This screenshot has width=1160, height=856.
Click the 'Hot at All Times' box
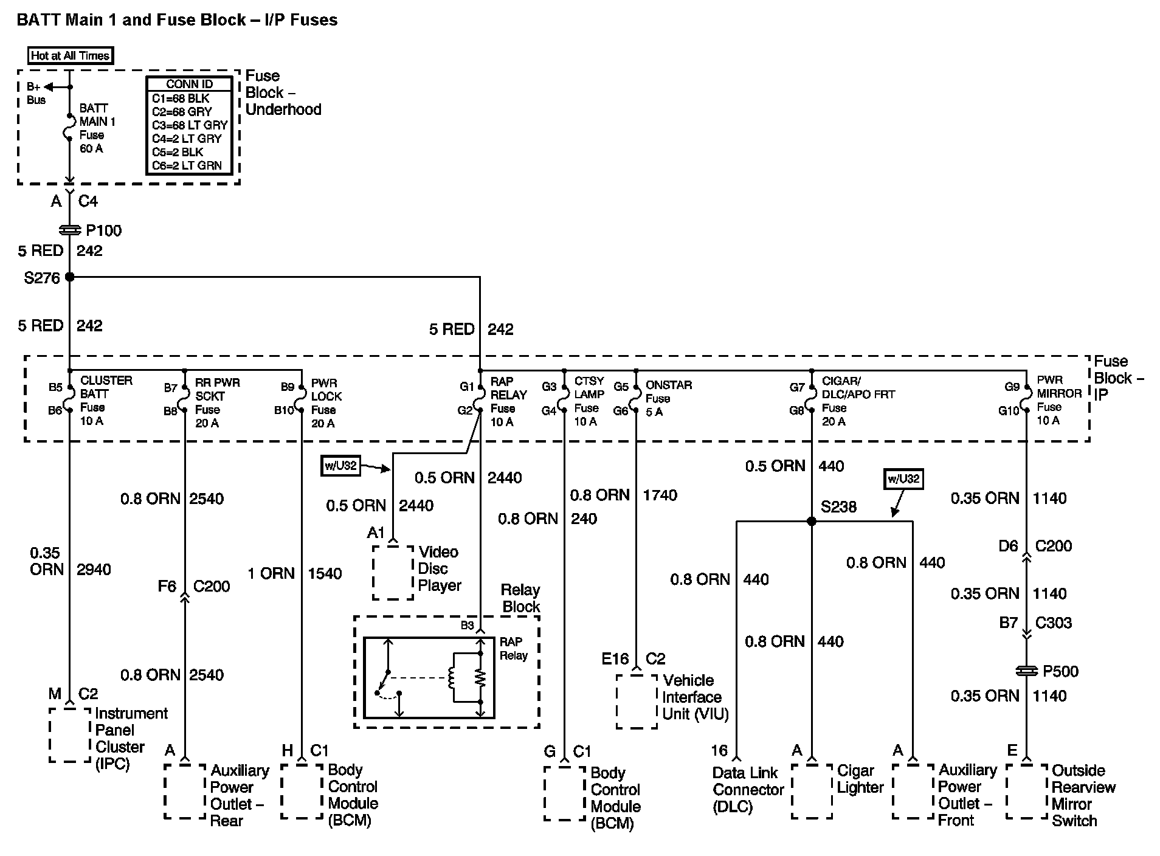(71, 56)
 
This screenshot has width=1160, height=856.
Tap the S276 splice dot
(69, 277)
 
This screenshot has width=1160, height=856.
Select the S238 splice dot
(811, 521)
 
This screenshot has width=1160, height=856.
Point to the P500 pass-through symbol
(1026, 671)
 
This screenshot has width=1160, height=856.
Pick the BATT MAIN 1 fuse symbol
(69, 128)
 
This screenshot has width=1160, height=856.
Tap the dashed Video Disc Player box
(393, 572)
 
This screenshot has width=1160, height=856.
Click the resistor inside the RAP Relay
(480, 677)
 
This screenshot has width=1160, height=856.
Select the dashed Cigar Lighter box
(812, 791)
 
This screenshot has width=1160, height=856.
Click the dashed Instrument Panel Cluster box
(70, 734)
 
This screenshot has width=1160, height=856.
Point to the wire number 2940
(94, 570)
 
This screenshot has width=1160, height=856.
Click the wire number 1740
(660, 495)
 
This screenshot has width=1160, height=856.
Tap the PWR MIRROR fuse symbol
(1026, 398)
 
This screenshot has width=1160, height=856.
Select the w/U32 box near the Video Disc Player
(340, 466)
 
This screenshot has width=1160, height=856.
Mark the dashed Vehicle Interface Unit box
(637, 701)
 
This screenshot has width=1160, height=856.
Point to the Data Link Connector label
(747, 790)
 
